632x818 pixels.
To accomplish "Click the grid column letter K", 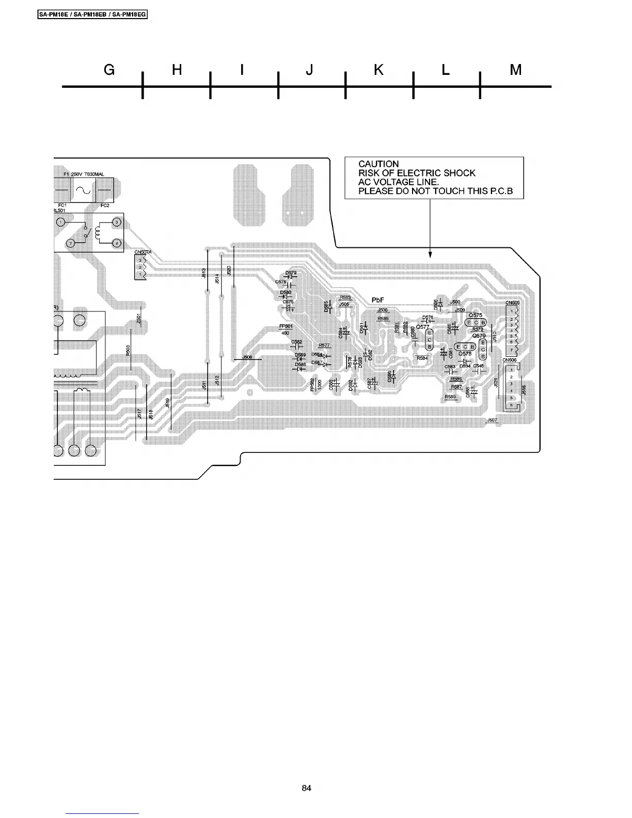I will tap(378, 70).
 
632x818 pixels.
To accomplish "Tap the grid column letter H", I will tap(177, 70).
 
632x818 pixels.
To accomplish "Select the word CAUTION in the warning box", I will tap(378, 164).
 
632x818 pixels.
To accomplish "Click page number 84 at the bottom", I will tap(307, 788).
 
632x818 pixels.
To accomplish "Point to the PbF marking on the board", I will tap(378, 301).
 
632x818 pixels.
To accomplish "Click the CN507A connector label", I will tap(143, 252).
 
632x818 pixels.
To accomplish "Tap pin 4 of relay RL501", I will tap(117, 243).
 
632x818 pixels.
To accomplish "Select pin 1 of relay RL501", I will tap(61, 222).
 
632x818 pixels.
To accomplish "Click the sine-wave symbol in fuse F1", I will tap(84, 192).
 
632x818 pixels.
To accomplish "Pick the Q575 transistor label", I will tap(475, 315).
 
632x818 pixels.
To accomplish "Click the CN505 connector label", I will tap(512, 303).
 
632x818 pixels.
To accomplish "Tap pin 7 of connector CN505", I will tap(512, 350).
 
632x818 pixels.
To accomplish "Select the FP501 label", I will tap(286, 326).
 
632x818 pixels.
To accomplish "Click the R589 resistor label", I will tap(450, 397).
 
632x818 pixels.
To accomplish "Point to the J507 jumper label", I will tap(492, 420).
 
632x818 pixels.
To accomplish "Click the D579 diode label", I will tap(291, 272).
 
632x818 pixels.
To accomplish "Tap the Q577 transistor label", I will tap(422, 327).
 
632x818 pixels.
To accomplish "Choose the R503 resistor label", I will tap(128, 350).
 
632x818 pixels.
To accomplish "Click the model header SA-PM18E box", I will tap(93, 14).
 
